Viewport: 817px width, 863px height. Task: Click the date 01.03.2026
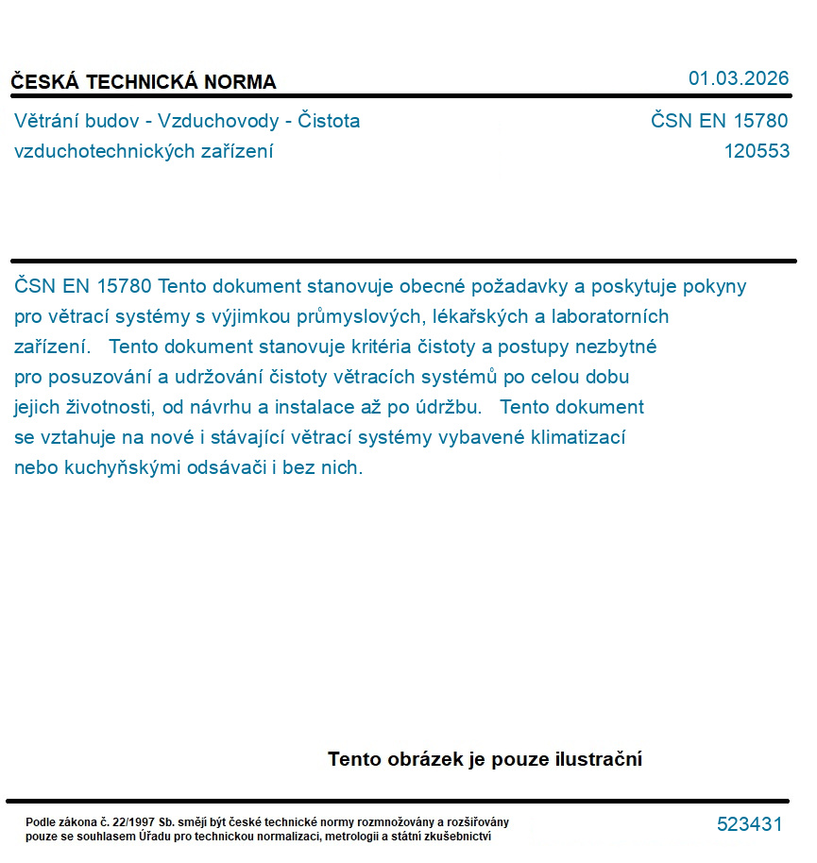(x=738, y=78)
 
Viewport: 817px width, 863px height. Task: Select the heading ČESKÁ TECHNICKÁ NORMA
(x=144, y=82)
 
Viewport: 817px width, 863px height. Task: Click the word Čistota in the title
(x=329, y=121)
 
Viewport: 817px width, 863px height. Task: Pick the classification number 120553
(x=757, y=151)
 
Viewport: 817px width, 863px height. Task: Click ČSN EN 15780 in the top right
(x=719, y=121)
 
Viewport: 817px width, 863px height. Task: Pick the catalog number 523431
(x=749, y=824)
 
